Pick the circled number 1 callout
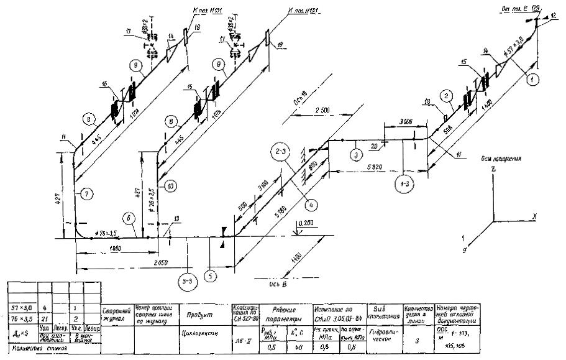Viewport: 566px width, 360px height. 531,78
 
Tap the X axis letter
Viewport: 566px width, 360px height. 534,217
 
